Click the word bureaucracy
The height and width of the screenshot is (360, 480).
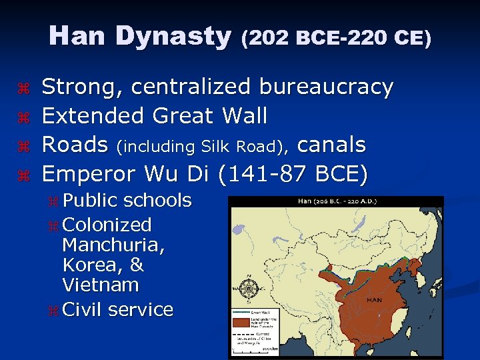pyautogui.click(x=326, y=87)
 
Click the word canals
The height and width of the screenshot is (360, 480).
pyautogui.click(x=331, y=145)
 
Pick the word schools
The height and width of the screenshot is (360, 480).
pyautogui.click(x=158, y=200)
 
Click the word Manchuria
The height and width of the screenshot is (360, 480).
pyautogui.click(x=113, y=245)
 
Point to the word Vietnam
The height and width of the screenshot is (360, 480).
pyautogui.click(x=100, y=285)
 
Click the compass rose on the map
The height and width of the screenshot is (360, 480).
pyautogui.click(x=249, y=288)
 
